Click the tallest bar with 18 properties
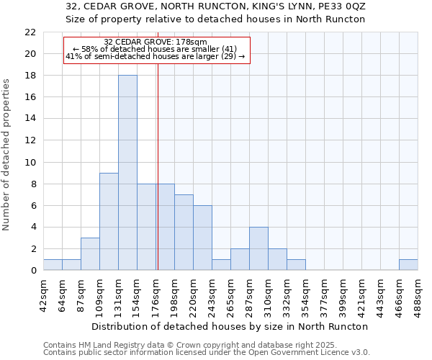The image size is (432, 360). pos(127,173)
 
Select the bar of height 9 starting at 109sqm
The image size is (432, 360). pos(109,222)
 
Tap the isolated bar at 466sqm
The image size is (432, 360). pos(408,265)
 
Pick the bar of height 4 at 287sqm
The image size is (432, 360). pos(258,248)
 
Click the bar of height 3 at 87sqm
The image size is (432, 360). pos(90,254)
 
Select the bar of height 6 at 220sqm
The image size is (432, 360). pos(202,238)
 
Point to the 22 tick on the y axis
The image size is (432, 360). pos(30,32)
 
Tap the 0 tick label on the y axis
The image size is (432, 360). pos(33,271)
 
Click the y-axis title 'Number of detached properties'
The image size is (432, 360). pos(7,155)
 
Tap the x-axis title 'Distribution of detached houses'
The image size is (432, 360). pos(230,326)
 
